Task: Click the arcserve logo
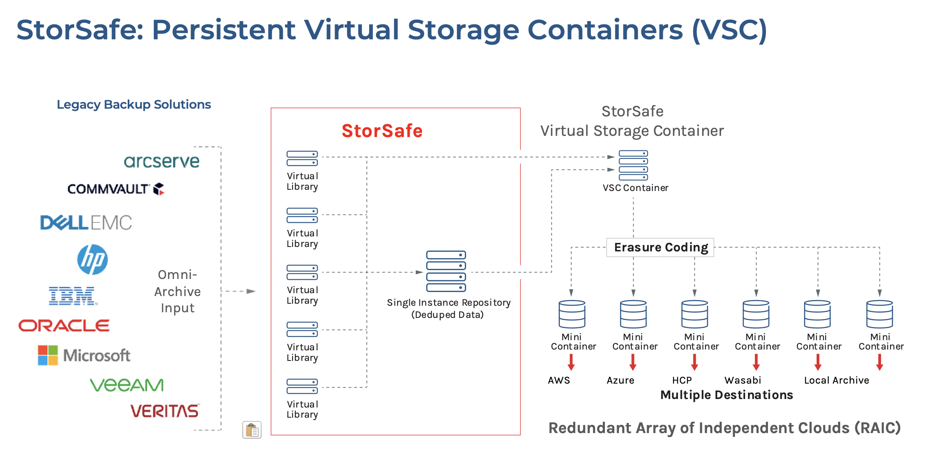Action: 161,161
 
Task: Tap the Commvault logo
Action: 116,189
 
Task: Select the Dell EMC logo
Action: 86,223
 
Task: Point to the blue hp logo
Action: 92,260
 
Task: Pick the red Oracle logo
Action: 64,326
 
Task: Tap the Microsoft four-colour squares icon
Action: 48,355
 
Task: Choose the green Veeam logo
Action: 127,385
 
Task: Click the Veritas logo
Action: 165,411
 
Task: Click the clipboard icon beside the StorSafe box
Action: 252,430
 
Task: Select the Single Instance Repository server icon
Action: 446,271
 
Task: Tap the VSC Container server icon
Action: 633,165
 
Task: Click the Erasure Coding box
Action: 660,247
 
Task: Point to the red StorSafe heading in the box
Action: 382,131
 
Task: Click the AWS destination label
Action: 559,380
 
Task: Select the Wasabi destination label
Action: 743,380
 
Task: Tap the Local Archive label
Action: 837,380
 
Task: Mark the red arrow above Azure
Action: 633,362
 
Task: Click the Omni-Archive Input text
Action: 177,291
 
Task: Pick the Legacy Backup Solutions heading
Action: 134,105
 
